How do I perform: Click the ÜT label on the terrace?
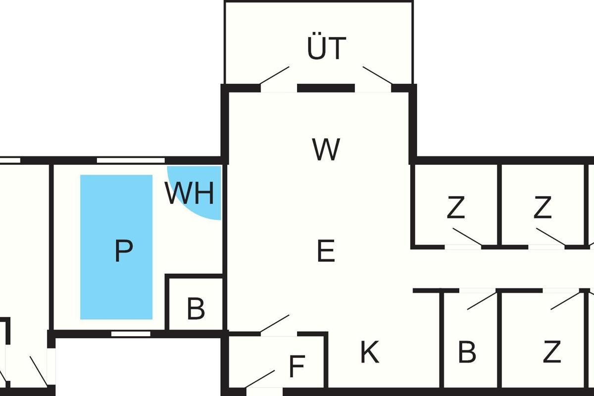[326, 49]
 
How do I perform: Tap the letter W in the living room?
[326, 149]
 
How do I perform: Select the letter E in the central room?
[326, 251]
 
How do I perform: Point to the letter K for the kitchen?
[369, 353]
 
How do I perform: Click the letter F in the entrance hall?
[296, 367]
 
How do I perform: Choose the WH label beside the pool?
[190, 194]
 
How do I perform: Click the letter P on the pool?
[124, 251]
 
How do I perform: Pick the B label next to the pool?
[196, 309]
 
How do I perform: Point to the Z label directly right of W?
[455, 208]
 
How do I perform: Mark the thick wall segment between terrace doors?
[326, 88]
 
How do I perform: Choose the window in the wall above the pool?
[131, 160]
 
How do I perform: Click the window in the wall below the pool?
[131, 334]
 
